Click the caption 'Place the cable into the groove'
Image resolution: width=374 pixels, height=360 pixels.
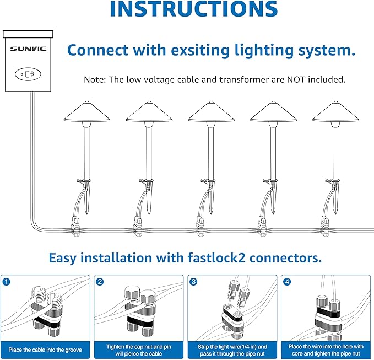[46, 348]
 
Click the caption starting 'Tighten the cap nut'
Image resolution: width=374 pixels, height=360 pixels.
[139, 348]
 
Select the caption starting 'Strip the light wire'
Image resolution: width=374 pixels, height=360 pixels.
[233, 348]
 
